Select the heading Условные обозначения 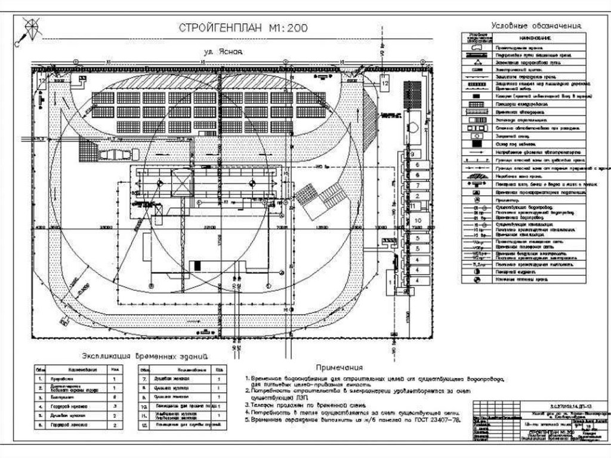[x=535, y=26]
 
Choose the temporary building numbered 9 [x=412, y=154]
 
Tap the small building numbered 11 [x=412, y=205]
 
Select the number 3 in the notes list [x=246, y=404]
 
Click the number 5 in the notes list [x=246, y=420]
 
